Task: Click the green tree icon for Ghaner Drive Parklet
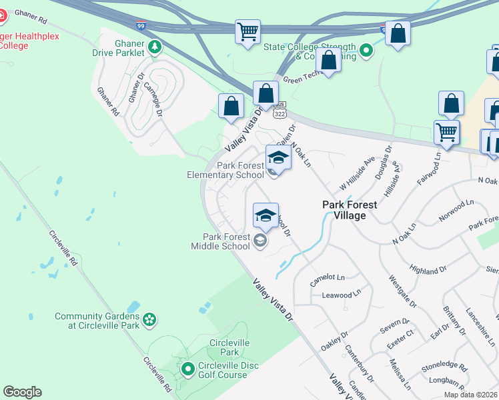(x=155, y=47)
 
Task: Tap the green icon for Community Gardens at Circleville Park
(x=150, y=321)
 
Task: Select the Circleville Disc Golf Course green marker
(x=187, y=368)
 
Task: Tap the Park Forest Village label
(x=350, y=210)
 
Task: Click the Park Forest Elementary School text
(x=225, y=170)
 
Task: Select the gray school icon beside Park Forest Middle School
(x=260, y=241)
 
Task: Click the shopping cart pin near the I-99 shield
(x=247, y=31)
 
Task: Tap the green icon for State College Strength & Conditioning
(x=366, y=50)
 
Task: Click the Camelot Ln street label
(x=327, y=277)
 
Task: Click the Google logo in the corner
(x=22, y=392)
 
